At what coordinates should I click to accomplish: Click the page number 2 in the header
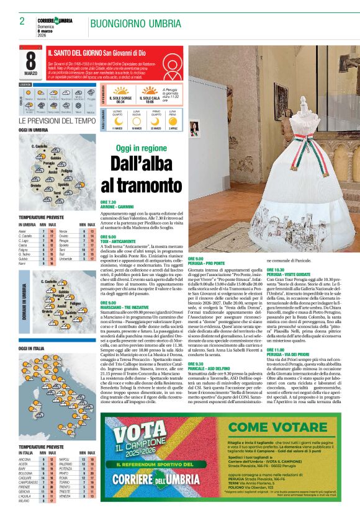(x=22, y=21)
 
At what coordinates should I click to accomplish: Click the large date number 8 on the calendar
(x=31, y=60)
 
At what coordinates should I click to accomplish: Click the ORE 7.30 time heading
(x=109, y=202)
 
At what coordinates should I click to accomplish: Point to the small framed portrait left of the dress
(x=194, y=129)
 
